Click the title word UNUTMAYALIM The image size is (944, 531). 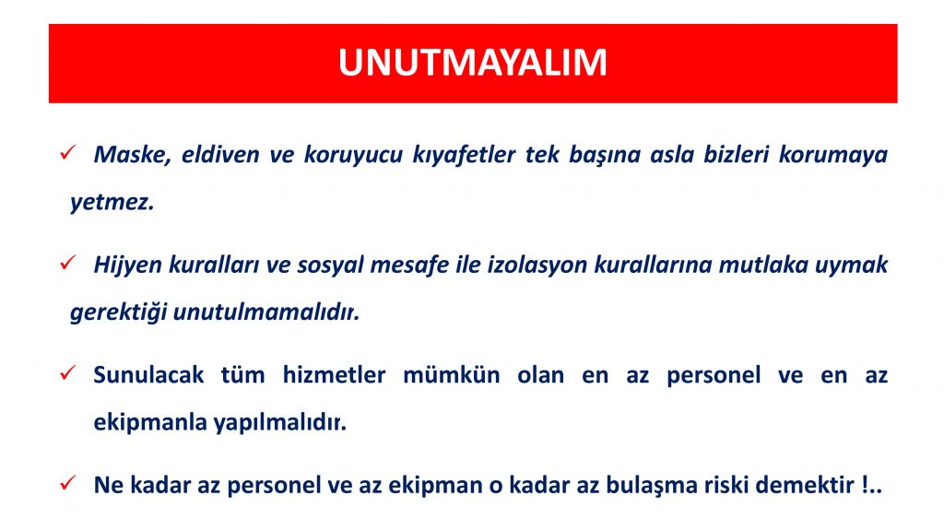coord(473,63)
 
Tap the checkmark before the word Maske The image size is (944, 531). coord(67,152)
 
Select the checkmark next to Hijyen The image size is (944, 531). coord(67,263)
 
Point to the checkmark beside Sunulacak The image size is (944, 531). coord(67,372)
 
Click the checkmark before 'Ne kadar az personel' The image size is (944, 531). coord(67,483)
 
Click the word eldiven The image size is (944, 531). coord(220,155)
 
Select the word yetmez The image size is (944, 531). coord(112,202)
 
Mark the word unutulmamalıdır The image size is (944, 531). coord(266,312)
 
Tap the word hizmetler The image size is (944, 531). coord(334,375)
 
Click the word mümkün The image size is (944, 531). coord(451,375)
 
